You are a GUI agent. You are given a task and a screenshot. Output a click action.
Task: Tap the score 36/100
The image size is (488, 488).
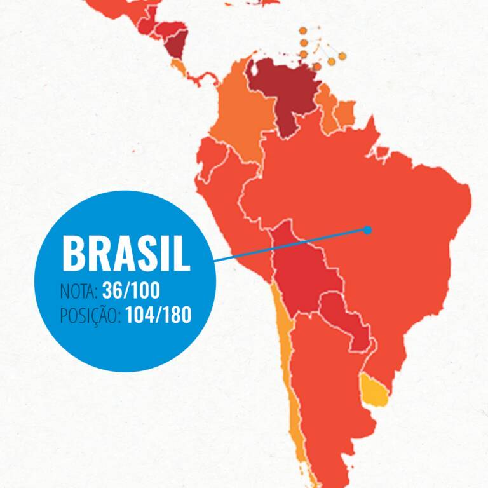131,292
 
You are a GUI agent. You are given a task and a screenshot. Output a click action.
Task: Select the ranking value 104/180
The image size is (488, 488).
158,315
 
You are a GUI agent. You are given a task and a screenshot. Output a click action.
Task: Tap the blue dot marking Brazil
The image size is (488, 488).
367,230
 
